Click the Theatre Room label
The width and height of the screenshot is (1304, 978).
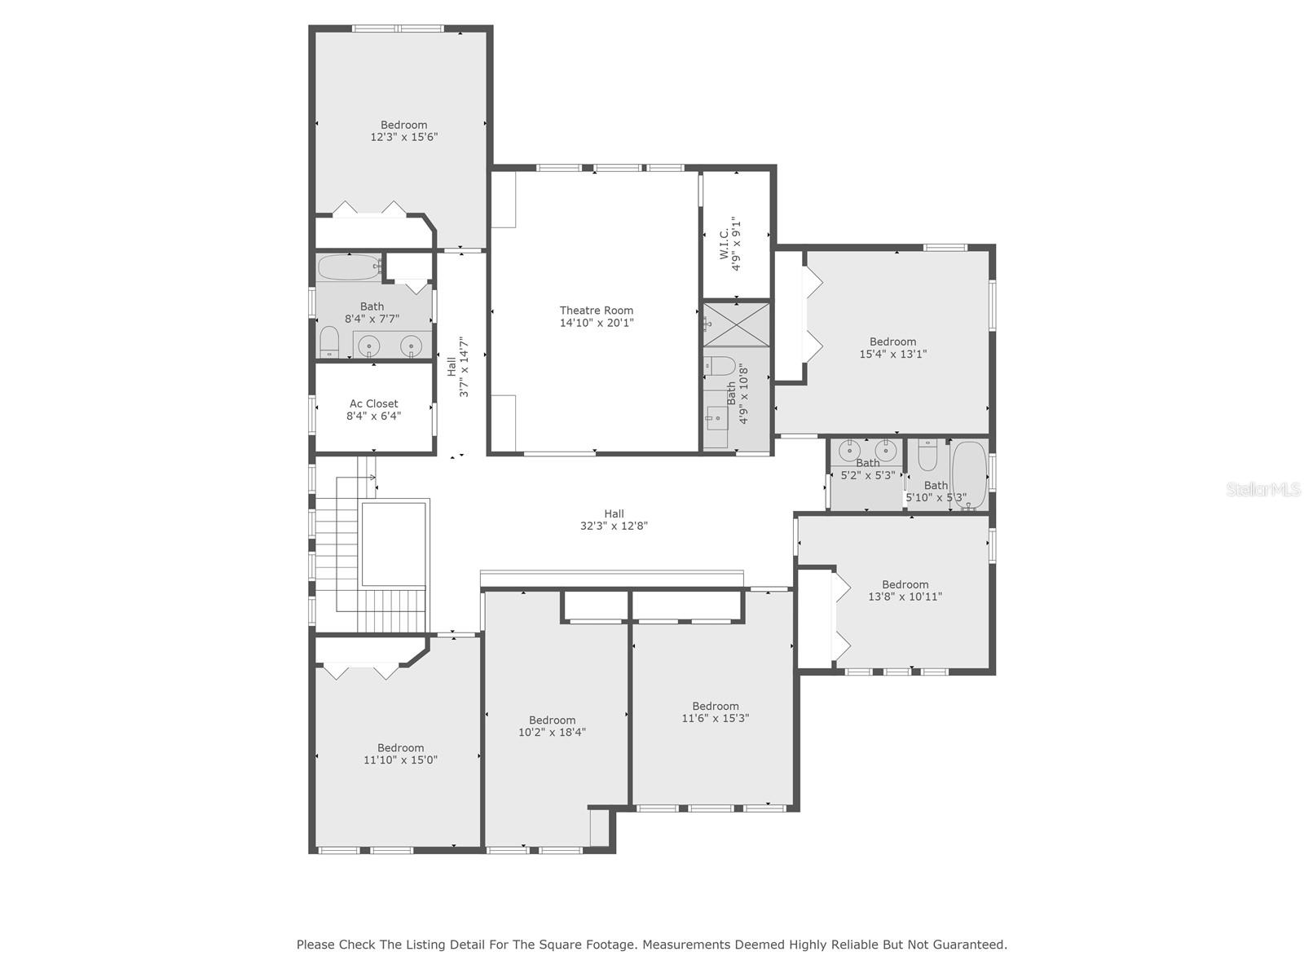596,311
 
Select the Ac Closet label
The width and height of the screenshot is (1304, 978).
373,403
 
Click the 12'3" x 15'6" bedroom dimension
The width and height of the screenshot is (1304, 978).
404,137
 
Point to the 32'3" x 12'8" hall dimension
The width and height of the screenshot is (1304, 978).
614,526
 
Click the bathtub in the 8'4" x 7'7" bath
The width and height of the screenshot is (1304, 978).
349,267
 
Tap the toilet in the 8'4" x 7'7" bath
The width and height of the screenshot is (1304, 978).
329,341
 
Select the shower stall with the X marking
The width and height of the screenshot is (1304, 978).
737,323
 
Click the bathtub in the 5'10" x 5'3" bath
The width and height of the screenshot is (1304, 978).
969,474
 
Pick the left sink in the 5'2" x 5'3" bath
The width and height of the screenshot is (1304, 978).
850,449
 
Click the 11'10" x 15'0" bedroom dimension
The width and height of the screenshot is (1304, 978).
400,760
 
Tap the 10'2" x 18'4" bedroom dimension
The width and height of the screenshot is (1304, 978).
552,732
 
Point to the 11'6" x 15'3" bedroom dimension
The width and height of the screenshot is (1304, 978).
716,718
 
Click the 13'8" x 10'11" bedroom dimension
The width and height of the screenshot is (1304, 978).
905,596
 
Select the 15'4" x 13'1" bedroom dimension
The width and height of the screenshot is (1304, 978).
892,354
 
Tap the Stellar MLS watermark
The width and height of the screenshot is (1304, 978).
1263,490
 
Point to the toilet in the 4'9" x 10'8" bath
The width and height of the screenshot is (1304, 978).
720,365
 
